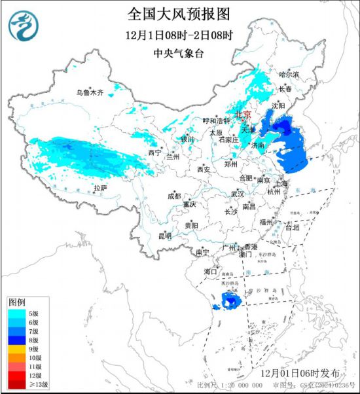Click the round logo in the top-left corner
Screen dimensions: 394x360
click(x=24, y=26)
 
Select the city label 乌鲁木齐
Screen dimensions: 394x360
click(x=90, y=94)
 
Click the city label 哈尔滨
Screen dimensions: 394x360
click(x=288, y=75)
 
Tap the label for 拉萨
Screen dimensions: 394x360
click(x=99, y=188)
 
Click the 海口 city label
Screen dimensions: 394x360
click(x=209, y=270)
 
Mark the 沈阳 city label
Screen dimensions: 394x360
click(x=279, y=105)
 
